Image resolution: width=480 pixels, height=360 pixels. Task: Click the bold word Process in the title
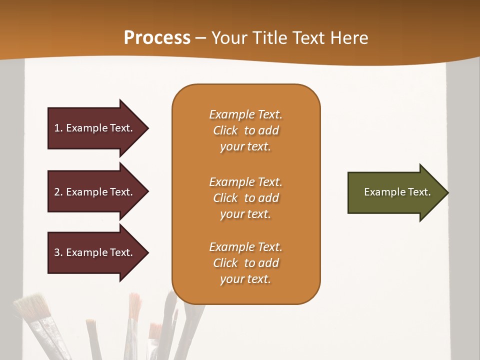(157, 38)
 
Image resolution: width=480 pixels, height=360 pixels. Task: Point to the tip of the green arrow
(447, 192)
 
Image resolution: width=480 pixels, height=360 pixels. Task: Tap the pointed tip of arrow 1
(147, 128)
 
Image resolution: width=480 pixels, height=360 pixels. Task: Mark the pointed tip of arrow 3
(147, 252)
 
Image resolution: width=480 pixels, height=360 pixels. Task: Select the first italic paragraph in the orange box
(245, 130)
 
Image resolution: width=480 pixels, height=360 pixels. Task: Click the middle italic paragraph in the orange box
(245, 198)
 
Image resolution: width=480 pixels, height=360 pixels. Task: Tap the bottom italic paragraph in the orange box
(245, 263)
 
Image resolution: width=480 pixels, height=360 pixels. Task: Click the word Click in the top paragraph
(225, 130)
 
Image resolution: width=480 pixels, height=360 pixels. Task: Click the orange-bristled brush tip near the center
(134, 305)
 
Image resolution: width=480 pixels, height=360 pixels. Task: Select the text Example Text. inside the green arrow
(397, 192)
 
